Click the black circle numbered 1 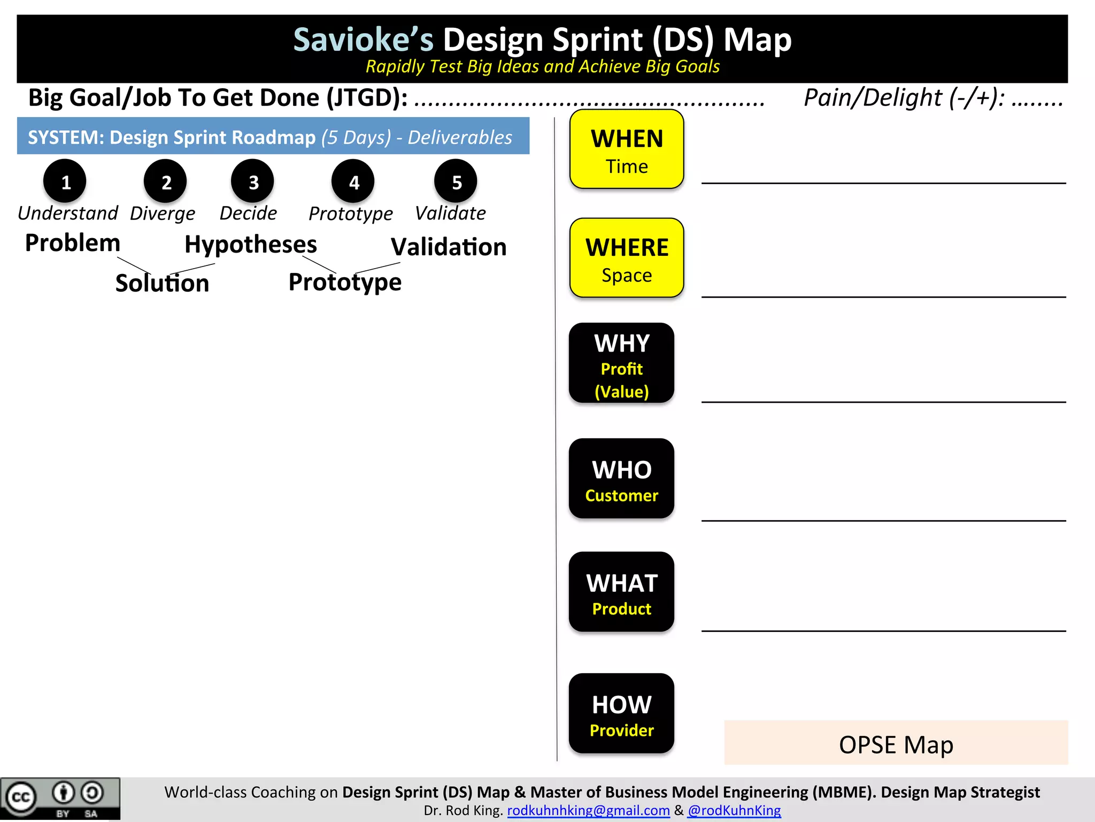tap(65, 181)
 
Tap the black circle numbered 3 tap(252, 181)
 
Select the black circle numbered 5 tap(456, 181)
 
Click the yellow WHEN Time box tap(627, 149)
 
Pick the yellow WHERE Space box tap(627, 258)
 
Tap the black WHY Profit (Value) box tap(621, 363)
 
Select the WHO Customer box tap(621, 478)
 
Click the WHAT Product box tap(621, 592)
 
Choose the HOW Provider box tap(621, 713)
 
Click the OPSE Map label tap(896, 744)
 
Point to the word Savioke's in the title tap(364, 40)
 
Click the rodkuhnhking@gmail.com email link tap(588, 810)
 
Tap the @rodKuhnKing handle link tap(734, 810)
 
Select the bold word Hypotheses tap(251, 245)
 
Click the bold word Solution tap(162, 283)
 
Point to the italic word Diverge tap(163, 214)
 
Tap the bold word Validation tap(449, 247)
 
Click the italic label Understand tap(68, 214)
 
